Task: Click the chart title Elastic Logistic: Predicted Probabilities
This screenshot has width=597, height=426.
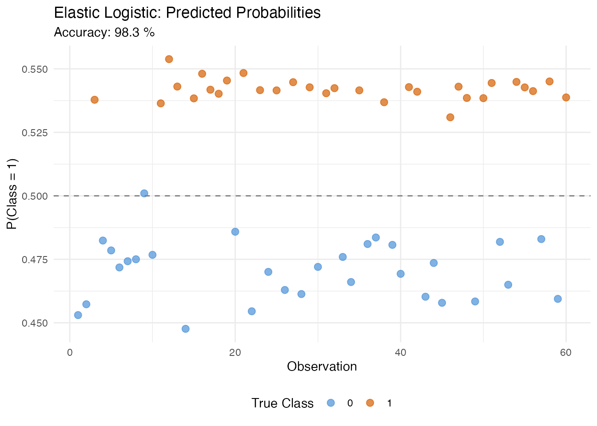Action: (187, 13)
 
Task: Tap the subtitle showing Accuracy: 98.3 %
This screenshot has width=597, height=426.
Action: (104, 32)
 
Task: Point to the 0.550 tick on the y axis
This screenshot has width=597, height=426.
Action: (35, 69)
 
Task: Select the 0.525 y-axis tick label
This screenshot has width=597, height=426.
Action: (35, 133)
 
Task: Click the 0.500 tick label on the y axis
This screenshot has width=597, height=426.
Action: (35, 196)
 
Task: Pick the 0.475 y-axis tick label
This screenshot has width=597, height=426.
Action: (35, 260)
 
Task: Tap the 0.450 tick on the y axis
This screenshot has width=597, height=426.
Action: (35, 323)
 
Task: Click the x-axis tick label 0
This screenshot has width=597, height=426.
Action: (70, 353)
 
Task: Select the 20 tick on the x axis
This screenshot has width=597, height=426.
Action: (235, 353)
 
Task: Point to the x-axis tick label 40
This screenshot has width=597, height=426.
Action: (401, 353)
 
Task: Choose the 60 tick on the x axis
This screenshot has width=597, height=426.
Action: (566, 353)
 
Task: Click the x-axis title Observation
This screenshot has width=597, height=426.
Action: (322, 367)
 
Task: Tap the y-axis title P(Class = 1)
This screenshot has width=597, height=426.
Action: (12, 194)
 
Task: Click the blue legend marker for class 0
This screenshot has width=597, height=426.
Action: (331, 403)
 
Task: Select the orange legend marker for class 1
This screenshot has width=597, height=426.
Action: (370, 403)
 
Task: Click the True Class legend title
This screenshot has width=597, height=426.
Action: (283, 403)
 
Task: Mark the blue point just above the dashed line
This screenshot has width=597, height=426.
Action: (144, 193)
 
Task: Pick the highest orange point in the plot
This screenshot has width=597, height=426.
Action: (169, 59)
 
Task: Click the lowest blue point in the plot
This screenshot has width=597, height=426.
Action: (185, 329)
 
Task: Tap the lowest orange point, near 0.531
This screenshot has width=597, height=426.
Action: (450, 117)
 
